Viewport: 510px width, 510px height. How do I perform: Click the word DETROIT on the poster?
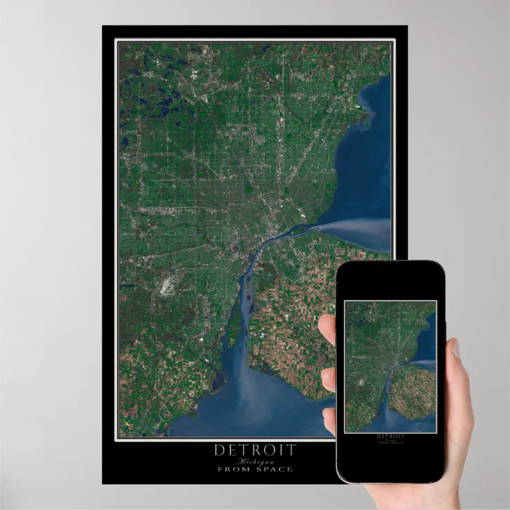pyautogui.click(x=254, y=450)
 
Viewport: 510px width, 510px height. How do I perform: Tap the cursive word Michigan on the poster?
pyautogui.click(x=254, y=461)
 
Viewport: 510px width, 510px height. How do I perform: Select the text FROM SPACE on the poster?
pyautogui.click(x=254, y=469)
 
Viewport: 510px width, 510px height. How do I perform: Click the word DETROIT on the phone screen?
pyautogui.click(x=390, y=437)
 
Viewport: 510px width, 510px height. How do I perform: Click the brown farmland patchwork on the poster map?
pyautogui.click(x=298, y=333)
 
